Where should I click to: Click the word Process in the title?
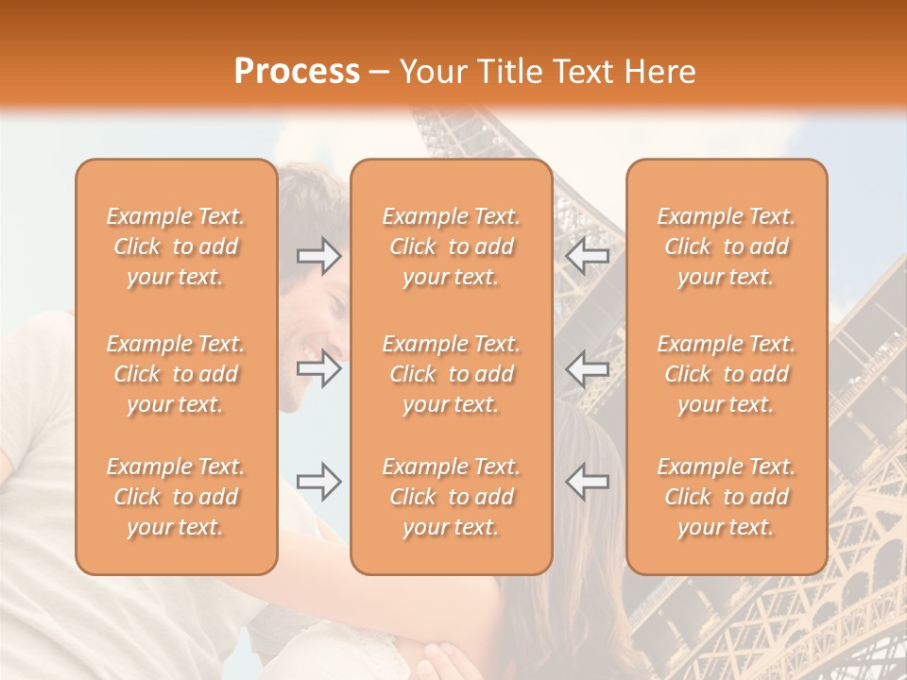click(297, 72)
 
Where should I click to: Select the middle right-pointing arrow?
click(318, 368)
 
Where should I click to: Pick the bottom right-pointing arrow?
click(318, 482)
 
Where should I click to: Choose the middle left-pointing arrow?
click(588, 368)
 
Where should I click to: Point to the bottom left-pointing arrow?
click(588, 482)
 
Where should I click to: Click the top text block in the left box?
click(176, 246)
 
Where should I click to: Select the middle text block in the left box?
click(176, 374)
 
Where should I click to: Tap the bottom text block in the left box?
click(176, 497)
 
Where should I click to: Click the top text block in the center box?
click(452, 246)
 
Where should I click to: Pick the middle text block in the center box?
click(452, 374)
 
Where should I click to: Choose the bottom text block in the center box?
click(452, 497)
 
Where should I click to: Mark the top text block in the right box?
click(727, 246)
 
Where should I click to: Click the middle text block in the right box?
click(727, 374)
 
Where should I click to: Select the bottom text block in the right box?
click(727, 497)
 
